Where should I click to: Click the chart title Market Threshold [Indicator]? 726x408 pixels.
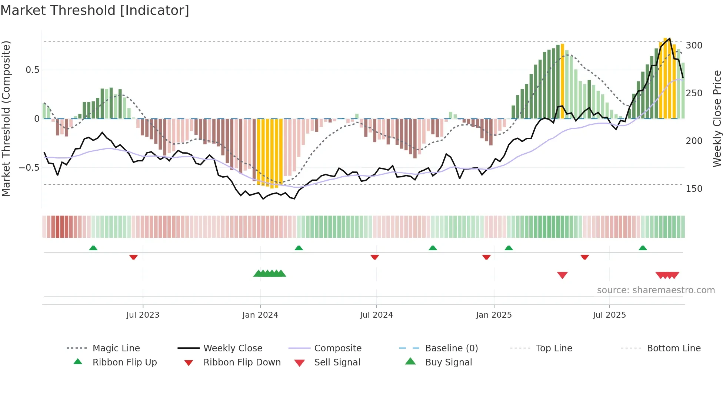(95, 10)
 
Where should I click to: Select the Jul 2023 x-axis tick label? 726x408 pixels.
(143, 315)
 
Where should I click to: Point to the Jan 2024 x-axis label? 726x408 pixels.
(260, 315)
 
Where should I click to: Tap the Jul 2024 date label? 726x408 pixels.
(376, 315)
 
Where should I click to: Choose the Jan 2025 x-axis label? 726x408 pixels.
(494, 315)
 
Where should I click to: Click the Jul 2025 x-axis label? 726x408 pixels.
(609, 315)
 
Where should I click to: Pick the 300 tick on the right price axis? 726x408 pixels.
(694, 46)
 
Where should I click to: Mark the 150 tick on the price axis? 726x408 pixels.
(694, 189)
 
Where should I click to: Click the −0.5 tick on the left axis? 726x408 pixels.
(29, 168)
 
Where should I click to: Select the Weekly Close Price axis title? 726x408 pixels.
(717, 118)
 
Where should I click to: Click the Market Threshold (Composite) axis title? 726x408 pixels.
(6, 118)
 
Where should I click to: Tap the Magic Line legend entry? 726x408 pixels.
(116, 348)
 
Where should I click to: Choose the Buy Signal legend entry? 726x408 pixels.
(448, 362)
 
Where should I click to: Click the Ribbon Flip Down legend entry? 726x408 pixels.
(242, 362)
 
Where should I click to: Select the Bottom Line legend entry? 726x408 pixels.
(673, 348)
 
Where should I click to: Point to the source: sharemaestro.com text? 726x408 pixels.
(656, 290)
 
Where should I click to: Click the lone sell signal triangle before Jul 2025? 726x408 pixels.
(562, 275)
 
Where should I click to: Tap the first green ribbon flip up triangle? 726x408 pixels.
(93, 248)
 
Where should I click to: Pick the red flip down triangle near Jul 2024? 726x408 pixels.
(374, 257)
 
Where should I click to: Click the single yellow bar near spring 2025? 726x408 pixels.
(562, 81)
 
